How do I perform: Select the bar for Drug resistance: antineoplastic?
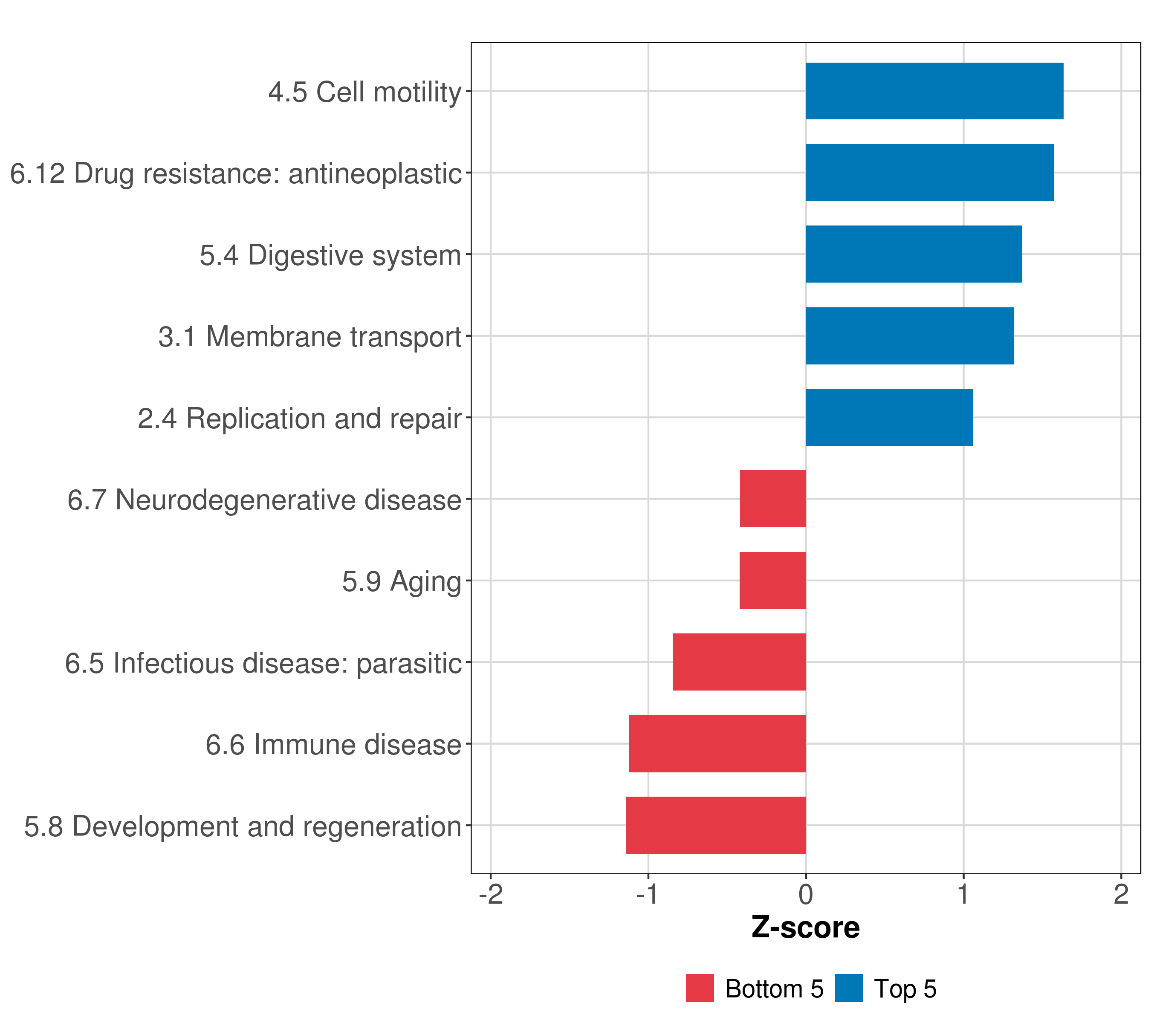tap(930, 173)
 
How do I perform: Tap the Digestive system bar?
tap(914, 254)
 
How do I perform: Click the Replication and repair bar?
tap(889, 417)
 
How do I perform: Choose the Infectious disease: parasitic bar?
tap(739, 662)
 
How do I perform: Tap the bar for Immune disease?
tap(717, 744)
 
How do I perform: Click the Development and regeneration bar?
tap(716, 825)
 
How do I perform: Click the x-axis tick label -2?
tap(491, 895)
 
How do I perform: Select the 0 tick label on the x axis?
tap(806, 895)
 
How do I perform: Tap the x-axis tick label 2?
tap(1121, 895)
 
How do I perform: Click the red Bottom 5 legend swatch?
tap(700, 988)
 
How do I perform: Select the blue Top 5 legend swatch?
tap(849, 988)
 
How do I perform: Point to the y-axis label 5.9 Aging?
tap(402, 581)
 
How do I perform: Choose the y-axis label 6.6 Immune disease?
tap(333, 745)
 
